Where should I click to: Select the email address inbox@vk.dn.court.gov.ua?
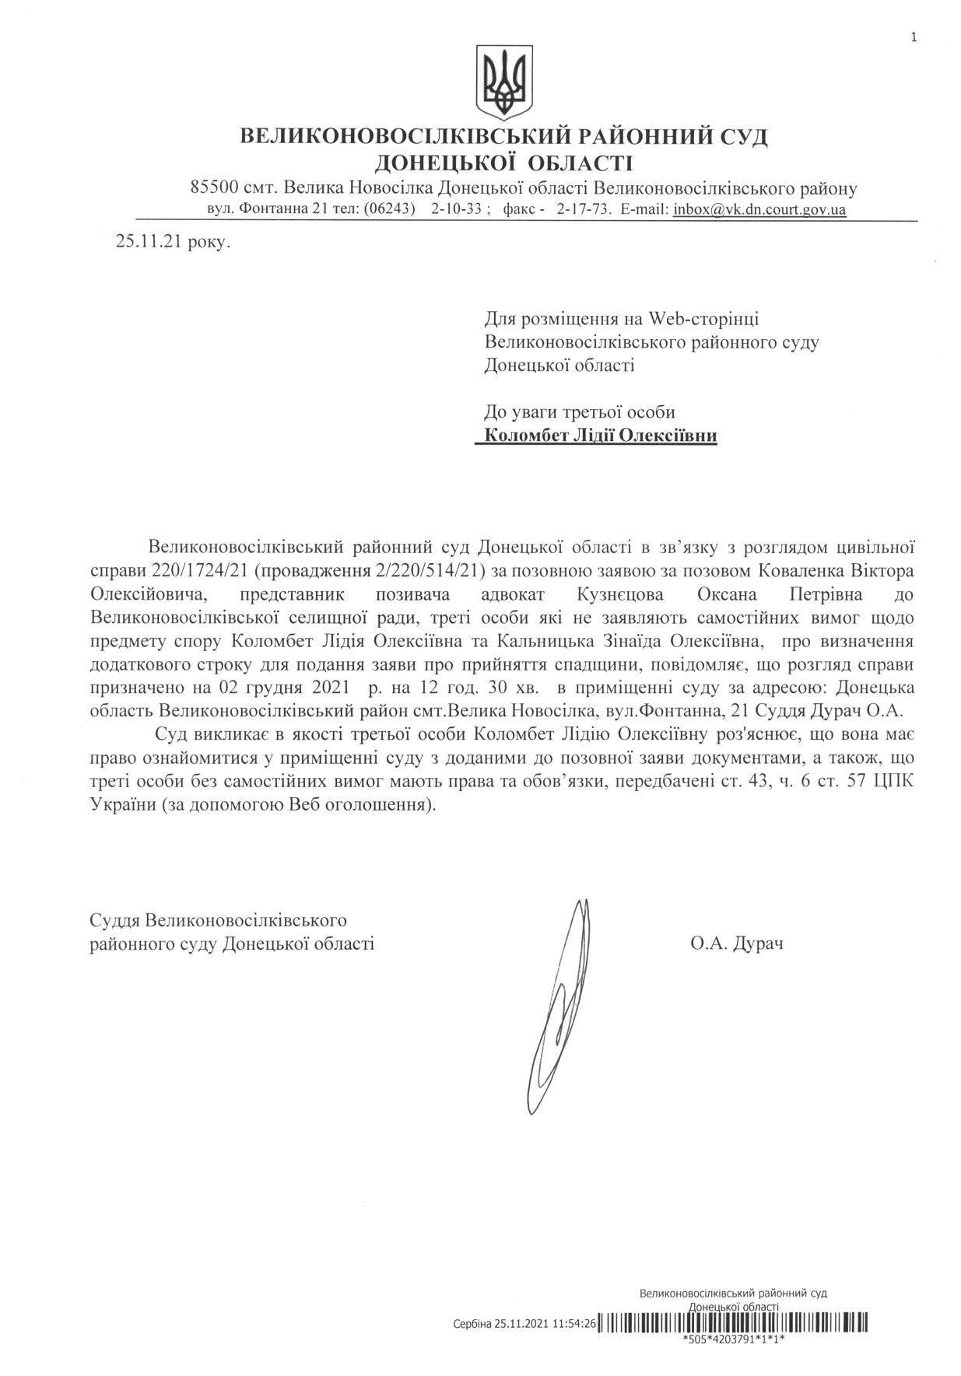[x=759, y=209]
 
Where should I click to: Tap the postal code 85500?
[x=214, y=188]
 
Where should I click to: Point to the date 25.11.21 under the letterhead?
[x=149, y=242]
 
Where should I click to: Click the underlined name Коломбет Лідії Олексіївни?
[x=600, y=436]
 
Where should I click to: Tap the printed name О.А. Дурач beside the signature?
[x=735, y=944]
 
